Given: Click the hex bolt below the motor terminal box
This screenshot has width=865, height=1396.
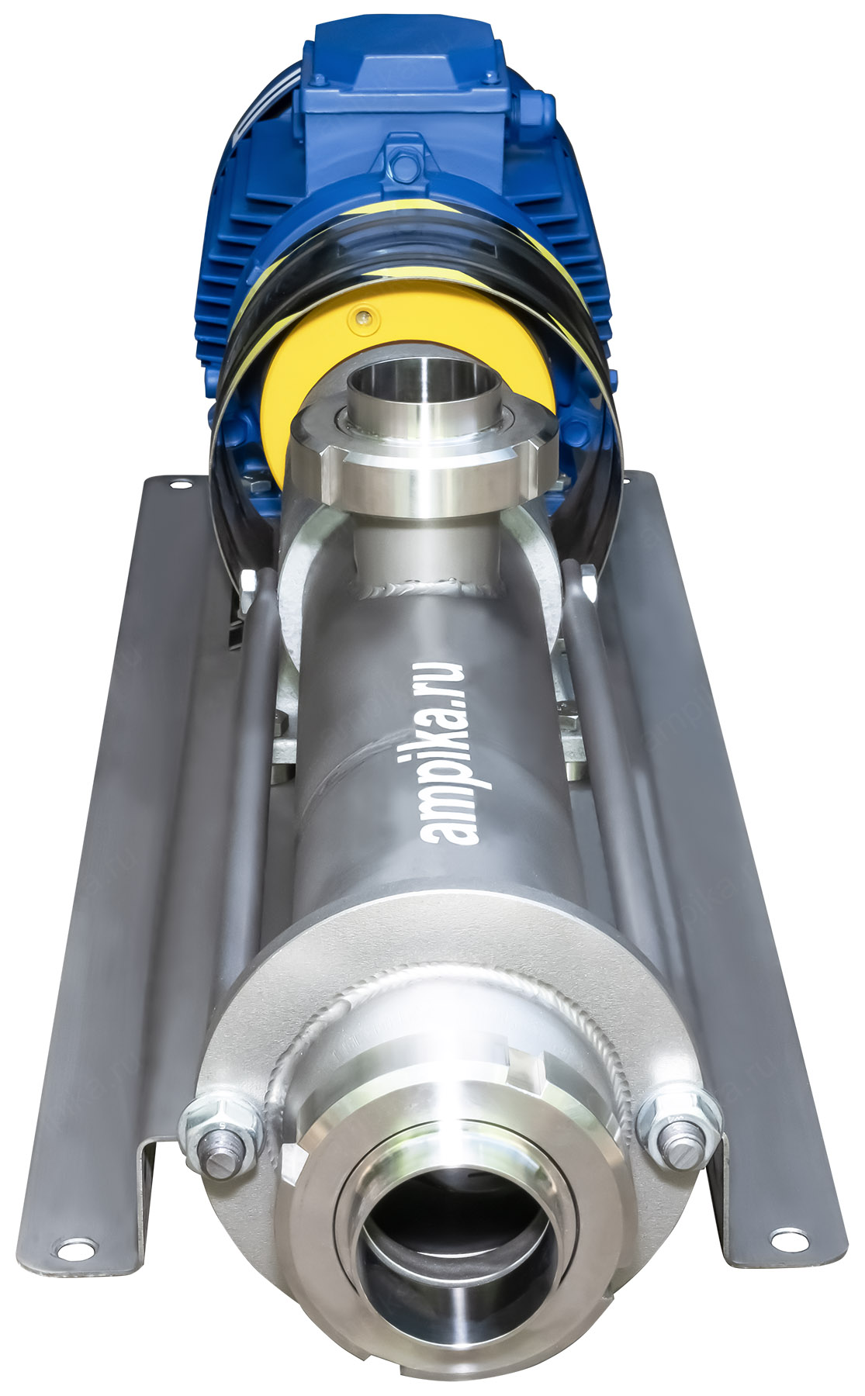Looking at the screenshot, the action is [x=404, y=164].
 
